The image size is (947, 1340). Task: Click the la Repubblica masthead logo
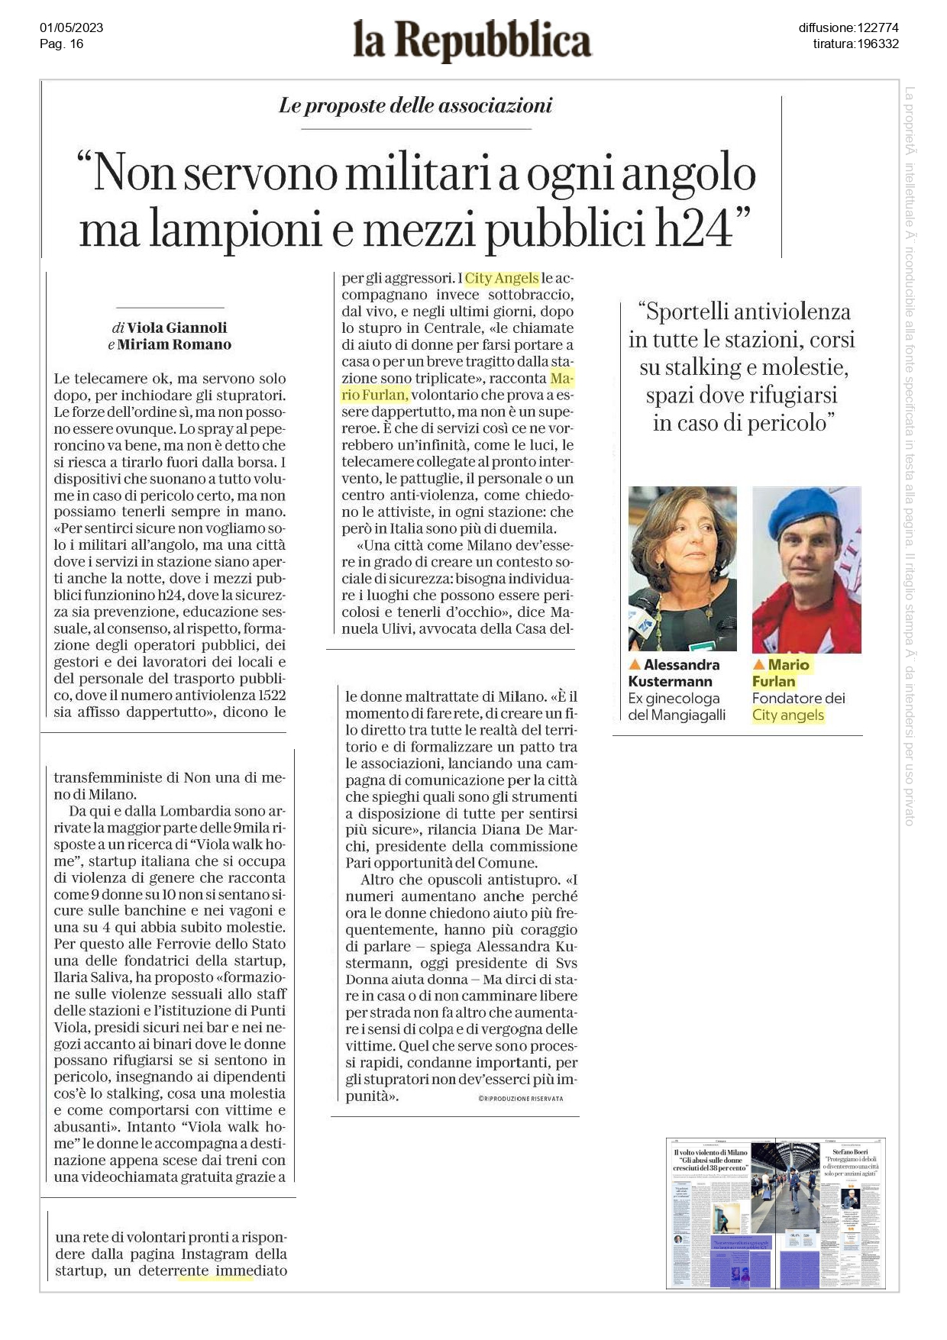472,41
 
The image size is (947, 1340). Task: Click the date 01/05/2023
71,28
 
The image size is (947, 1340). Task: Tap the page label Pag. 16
61,44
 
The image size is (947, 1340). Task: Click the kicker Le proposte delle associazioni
415,105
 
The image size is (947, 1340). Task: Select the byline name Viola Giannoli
176,328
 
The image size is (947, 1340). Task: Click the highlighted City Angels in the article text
502,278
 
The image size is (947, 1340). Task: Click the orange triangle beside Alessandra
634,665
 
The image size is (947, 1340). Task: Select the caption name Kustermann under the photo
670,682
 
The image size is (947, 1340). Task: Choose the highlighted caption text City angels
787,715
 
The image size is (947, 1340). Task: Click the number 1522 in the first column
272,695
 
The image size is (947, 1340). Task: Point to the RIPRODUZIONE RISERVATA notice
520,1099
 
